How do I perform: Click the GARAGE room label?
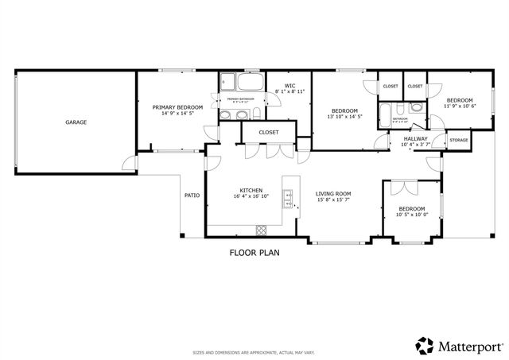click(x=76, y=122)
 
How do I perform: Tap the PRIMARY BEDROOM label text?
click(x=177, y=107)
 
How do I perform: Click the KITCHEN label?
click(x=251, y=191)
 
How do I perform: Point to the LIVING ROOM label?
click(x=333, y=193)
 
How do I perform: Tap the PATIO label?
click(x=192, y=195)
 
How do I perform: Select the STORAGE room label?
click(x=459, y=141)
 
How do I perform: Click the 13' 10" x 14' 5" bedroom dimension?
click(x=344, y=117)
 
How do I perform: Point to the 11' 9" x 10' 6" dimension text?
click(x=460, y=106)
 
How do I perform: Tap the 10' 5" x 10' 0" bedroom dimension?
click(x=412, y=214)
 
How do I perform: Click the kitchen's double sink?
click(x=289, y=196)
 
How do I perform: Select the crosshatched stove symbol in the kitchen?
click(x=260, y=230)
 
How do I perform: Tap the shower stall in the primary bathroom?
click(x=227, y=81)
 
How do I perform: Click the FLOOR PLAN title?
click(x=254, y=253)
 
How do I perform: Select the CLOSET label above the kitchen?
click(x=267, y=133)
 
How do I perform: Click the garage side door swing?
click(x=127, y=163)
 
